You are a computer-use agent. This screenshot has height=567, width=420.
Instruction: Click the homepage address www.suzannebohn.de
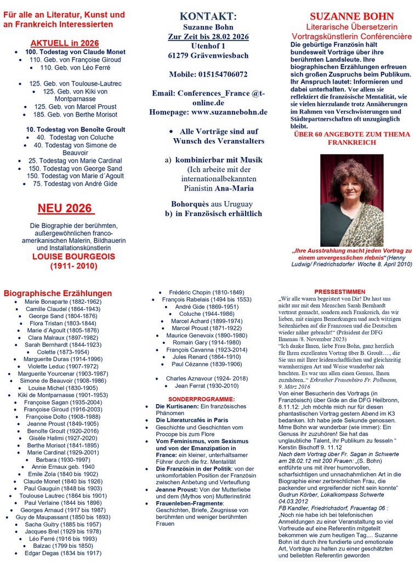pyautogui.click(x=230, y=112)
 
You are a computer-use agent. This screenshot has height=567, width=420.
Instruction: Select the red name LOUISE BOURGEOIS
pyautogui.click(x=65, y=256)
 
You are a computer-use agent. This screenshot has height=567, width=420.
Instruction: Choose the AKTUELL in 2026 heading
pyautogui.click(x=65, y=43)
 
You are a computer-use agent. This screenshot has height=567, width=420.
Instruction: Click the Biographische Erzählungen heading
pyautogui.click(x=58, y=293)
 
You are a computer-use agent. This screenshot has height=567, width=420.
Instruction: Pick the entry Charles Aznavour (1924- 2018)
pyautogui.click(x=207, y=378)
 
